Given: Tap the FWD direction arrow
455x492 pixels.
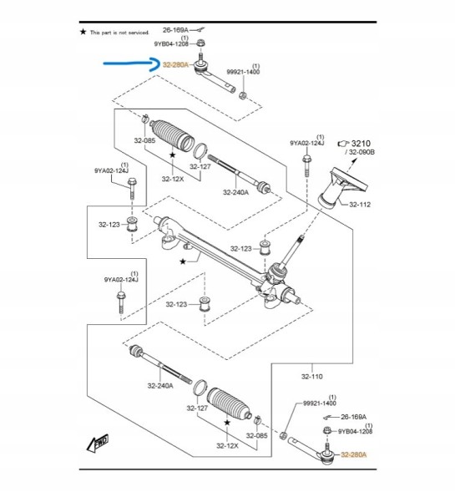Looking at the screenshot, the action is (x=98, y=443).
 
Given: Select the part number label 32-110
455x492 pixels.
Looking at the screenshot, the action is (x=311, y=376).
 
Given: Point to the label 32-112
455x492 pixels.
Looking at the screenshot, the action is (x=360, y=205).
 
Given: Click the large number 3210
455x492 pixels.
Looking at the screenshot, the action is (x=361, y=144).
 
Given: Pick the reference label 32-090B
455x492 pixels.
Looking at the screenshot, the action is (x=361, y=152).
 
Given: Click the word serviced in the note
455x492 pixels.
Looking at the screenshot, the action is (x=139, y=33).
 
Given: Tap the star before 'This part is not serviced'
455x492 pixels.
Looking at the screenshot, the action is (x=83, y=32).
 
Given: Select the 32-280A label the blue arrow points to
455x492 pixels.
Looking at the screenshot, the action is (x=175, y=65).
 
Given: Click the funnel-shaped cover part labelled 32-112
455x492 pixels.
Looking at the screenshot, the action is (x=341, y=188).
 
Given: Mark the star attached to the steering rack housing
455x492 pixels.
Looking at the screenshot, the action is (x=183, y=261).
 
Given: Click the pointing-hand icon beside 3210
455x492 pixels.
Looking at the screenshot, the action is (x=343, y=144).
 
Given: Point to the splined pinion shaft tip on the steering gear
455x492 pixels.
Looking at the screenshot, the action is (x=301, y=237).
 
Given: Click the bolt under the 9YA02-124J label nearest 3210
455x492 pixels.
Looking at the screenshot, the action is (x=306, y=165).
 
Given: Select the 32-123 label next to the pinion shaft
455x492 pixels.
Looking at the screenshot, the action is (x=240, y=249).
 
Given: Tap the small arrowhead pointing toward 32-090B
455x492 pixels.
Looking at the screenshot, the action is (x=355, y=160).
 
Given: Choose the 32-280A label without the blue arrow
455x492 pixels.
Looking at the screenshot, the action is (x=353, y=454).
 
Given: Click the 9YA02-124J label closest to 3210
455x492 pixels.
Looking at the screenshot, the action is (x=307, y=143).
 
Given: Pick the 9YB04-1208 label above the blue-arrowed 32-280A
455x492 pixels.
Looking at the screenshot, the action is (x=171, y=44).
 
